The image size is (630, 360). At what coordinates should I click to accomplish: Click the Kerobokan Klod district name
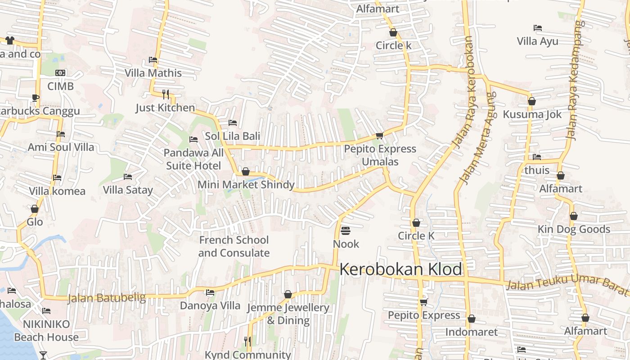pyautogui.click(x=400, y=269)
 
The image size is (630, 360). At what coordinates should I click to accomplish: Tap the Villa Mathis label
pyautogui.click(x=153, y=73)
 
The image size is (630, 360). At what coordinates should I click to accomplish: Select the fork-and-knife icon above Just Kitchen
pyautogui.click(x=166, y=94)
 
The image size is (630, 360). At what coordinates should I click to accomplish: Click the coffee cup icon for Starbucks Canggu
pyautogui.click(x=36, y=98)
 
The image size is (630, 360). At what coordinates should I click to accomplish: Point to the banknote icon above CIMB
pyautogui.click(x=60, y=73)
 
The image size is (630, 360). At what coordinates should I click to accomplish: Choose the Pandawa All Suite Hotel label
pyautogui.click(x=193, y=159)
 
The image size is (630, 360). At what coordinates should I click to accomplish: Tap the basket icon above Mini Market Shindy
pyautogui.click(x=246, y=171)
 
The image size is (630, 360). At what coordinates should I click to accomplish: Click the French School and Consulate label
pyautogui.click(x=234, y=246)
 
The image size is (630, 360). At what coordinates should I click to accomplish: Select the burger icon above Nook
pyautogui.click(x=346, y=231)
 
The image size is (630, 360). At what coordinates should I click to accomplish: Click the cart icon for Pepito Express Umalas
pyautogui.click(x=379, y=135)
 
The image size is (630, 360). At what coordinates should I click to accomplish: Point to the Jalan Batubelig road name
pyautogui.click(x=107, y=298)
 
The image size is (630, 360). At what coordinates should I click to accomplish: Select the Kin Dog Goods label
pyautogui.click(x=574, y=229)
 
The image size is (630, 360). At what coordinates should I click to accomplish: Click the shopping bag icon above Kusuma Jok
pyautogui.click(x=532, y=101)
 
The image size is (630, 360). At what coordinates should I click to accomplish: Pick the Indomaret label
pyautogui.click(x=472, y=332)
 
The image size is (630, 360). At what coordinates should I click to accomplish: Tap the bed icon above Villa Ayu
pyautogui.click(x=537, y=28)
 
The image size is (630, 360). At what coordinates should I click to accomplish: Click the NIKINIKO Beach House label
pyautogui.click(x=46, y=330)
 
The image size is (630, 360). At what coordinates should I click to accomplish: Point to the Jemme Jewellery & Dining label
pyautogui.click(x=288, y=314)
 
